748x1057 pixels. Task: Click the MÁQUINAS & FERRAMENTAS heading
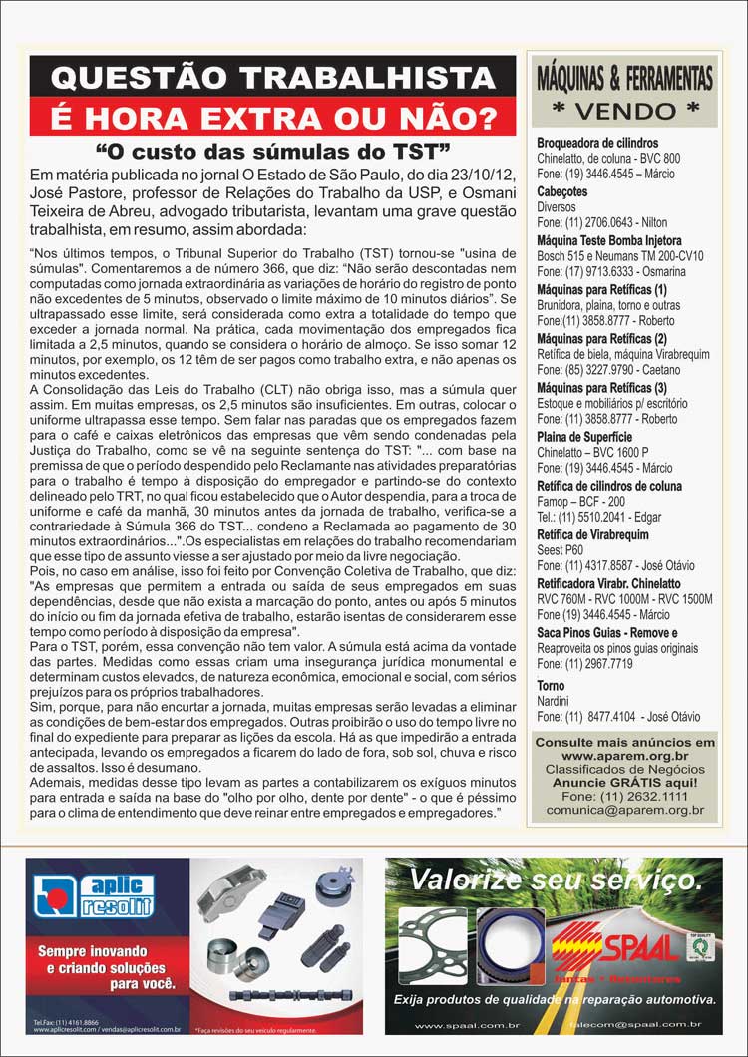click(x=624, y=77)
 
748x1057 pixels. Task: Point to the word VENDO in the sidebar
click(x=625, y=108)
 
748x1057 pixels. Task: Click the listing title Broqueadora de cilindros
click(x=597, y=143)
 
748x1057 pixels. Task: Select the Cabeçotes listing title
click(x=564, y=192)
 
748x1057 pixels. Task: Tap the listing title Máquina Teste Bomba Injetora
click(x=609, y=241)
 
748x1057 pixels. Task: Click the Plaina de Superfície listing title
click(x=584, y=437)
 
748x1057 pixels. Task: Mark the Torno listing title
click(x=551, y=686)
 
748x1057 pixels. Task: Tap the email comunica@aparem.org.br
click(x=624, y=811)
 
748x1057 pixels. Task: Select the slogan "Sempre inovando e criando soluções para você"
click(x=100, y=967)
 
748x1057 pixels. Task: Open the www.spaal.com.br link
click(x=455, y=1025)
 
